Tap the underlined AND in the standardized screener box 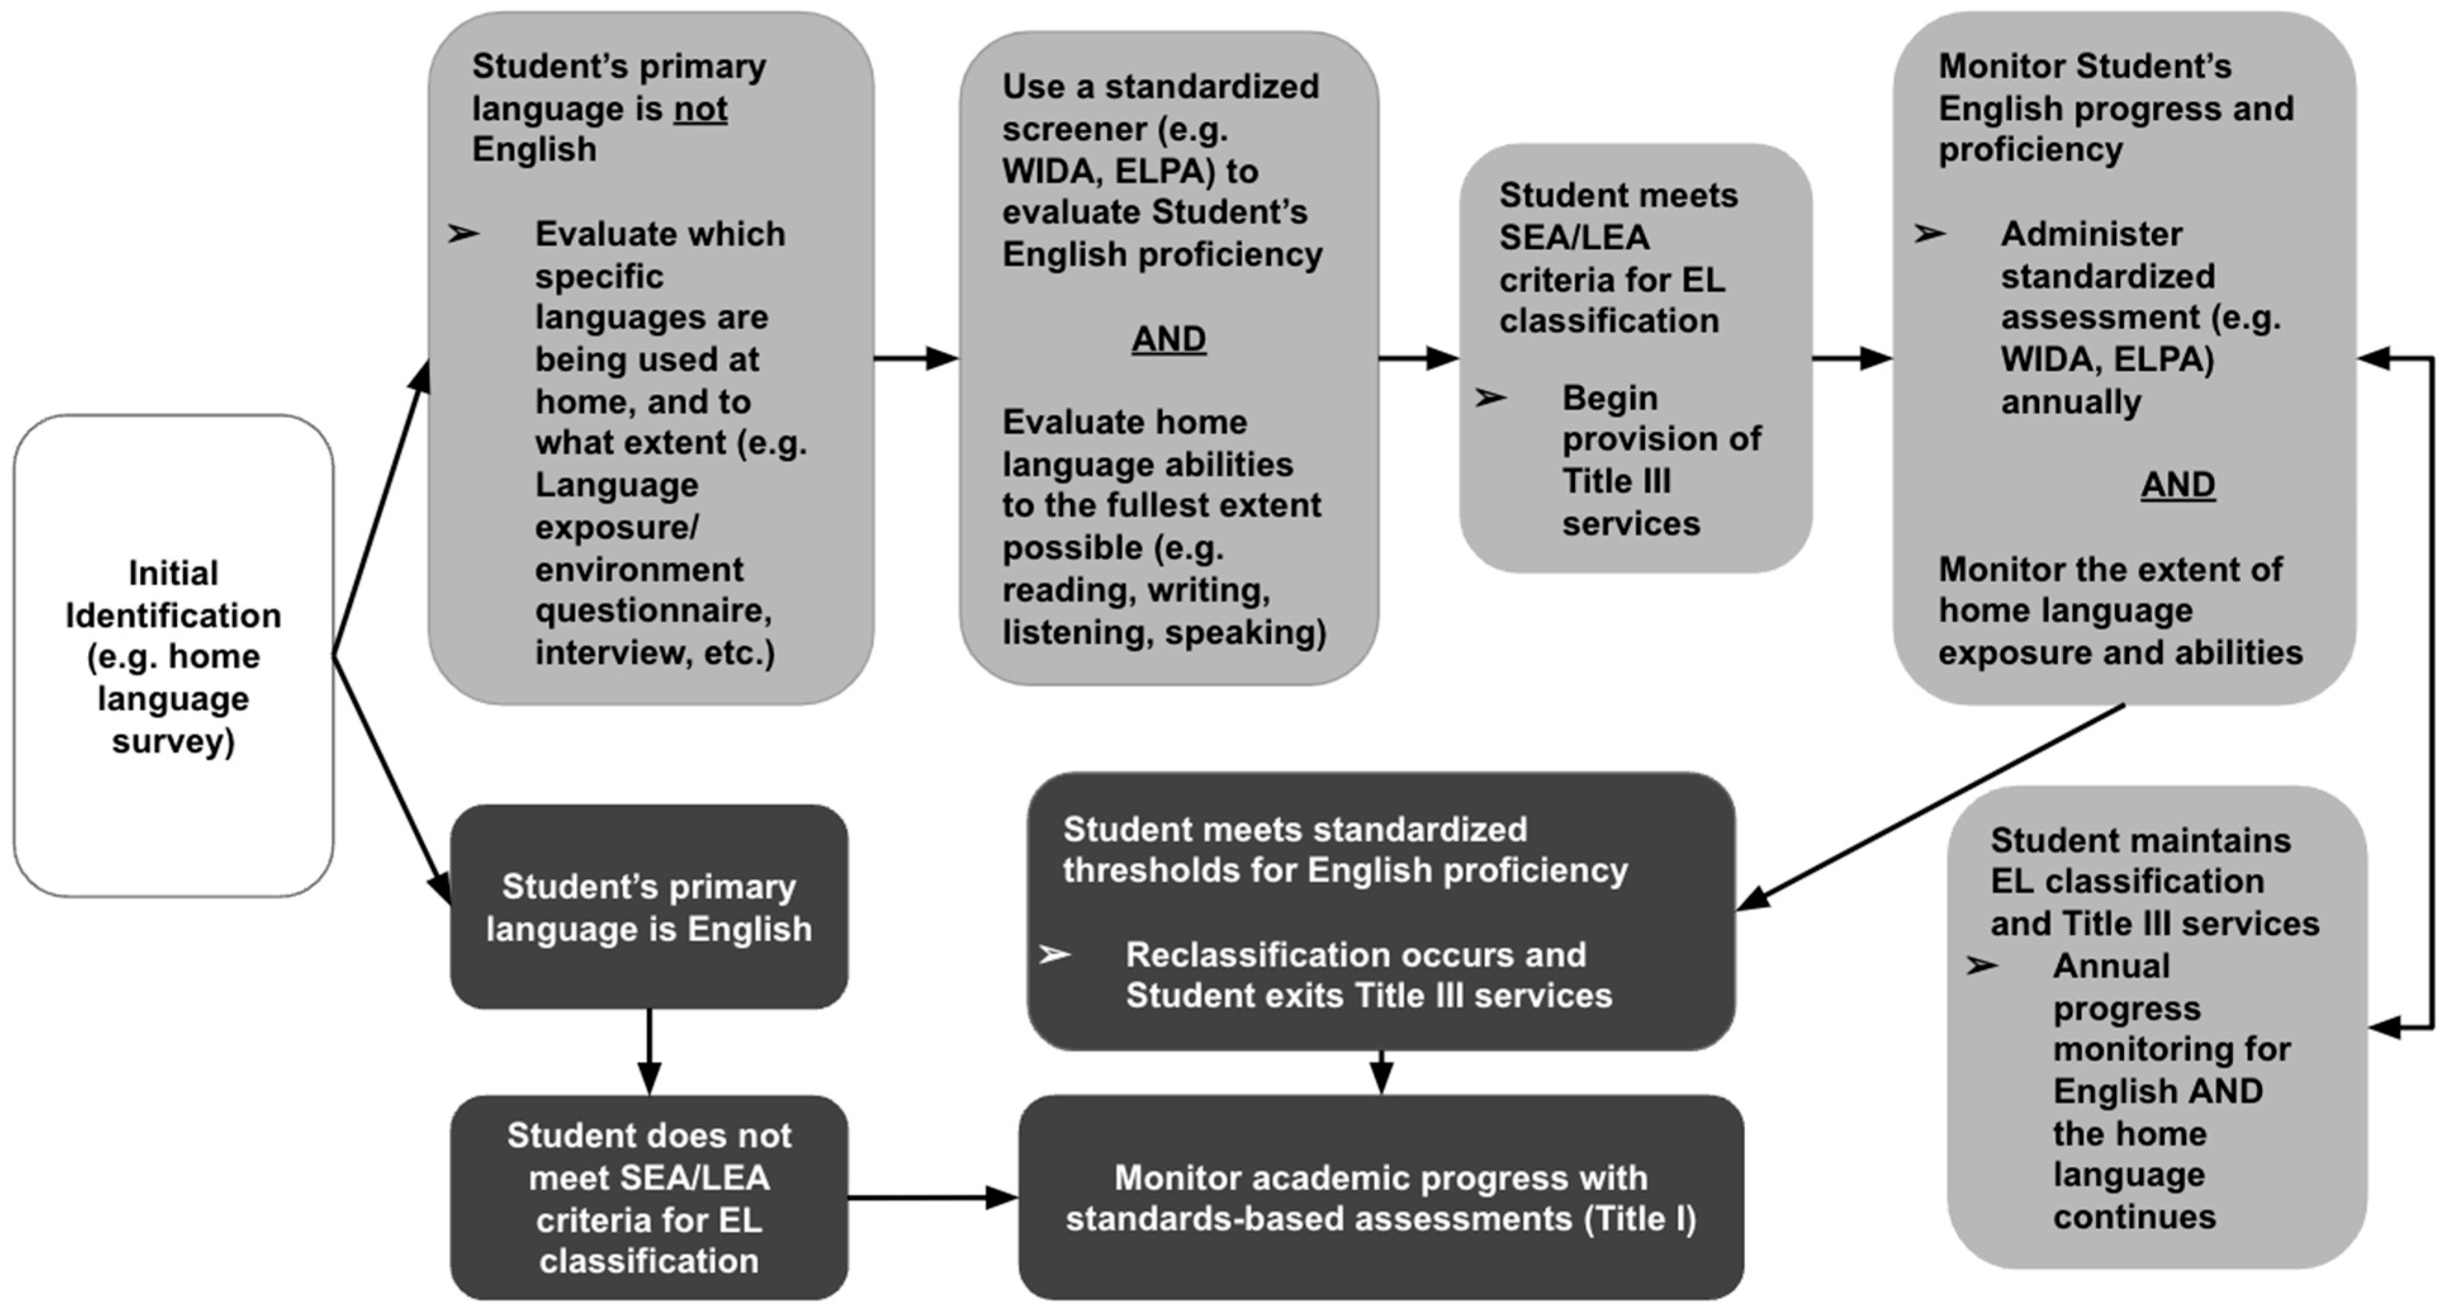(1168, 338)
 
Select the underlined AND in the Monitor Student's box (2178, 484)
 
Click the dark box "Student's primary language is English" (648, 907)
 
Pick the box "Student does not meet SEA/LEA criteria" (648, 1197)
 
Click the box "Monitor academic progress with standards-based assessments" (1380, 1197)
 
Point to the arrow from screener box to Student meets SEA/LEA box (1418, 358)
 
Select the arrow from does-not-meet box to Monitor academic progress (933, 1197)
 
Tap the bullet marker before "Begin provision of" (1490, 398)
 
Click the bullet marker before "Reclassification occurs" (1054, 955)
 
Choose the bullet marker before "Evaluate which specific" (464, 233)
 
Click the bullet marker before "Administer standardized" (1929, 233)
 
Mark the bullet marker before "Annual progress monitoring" (1981, 966)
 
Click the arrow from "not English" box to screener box (916, 358)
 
